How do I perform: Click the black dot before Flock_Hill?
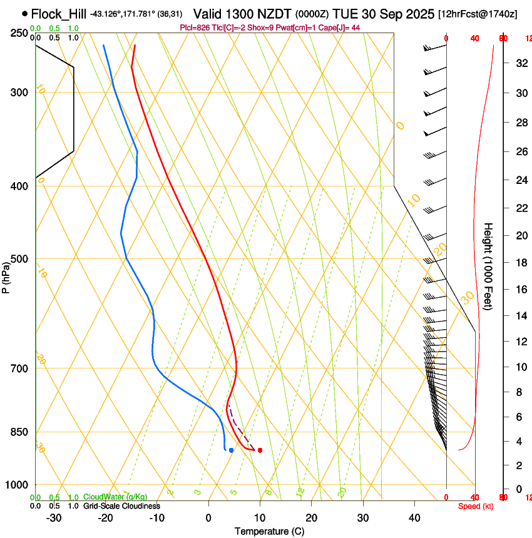coord(24,13)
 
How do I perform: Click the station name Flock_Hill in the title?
coord(58,13)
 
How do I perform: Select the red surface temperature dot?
coord(260,450)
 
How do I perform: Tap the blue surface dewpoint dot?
coord(232,450)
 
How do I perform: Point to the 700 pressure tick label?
coord(19,368)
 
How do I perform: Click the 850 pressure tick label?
coord(19,432)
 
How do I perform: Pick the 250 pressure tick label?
coord(19,33)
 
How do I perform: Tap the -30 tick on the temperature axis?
coord(54,518)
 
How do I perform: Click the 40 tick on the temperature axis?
coord(414,518)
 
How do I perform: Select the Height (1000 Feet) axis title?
coord(489,266)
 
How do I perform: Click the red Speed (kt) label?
coord(476,506)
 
